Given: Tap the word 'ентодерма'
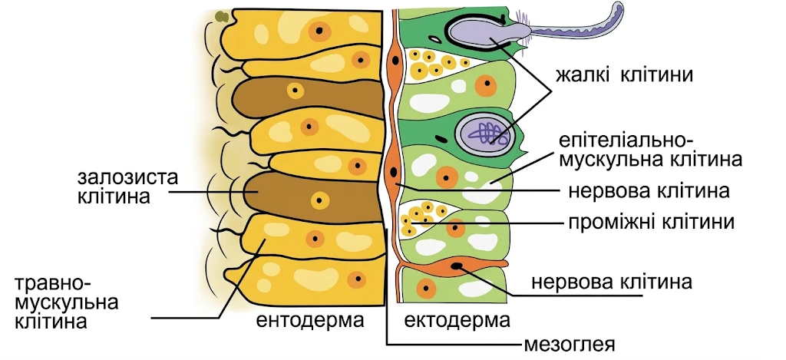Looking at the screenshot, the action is pos(310,320).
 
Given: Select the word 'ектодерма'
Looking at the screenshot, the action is pos(457,320).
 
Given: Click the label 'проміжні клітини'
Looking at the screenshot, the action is pos(652,222).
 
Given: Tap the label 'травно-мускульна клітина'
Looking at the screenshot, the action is pos(67,303).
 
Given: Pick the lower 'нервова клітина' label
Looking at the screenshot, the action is pos(612,282).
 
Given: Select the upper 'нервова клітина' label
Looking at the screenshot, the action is pos(649,191).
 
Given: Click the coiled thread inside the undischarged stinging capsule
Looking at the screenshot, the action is pos(483,133).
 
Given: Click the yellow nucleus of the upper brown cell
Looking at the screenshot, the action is pos(295,91).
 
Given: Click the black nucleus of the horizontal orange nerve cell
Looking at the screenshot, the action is pos(457,266).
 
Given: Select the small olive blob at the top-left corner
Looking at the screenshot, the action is pos(221,17).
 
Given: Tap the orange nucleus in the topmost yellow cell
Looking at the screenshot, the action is pos(319,31).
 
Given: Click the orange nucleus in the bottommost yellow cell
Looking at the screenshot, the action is pos(357,279).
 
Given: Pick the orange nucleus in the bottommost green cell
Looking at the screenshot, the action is pos(426,289).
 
